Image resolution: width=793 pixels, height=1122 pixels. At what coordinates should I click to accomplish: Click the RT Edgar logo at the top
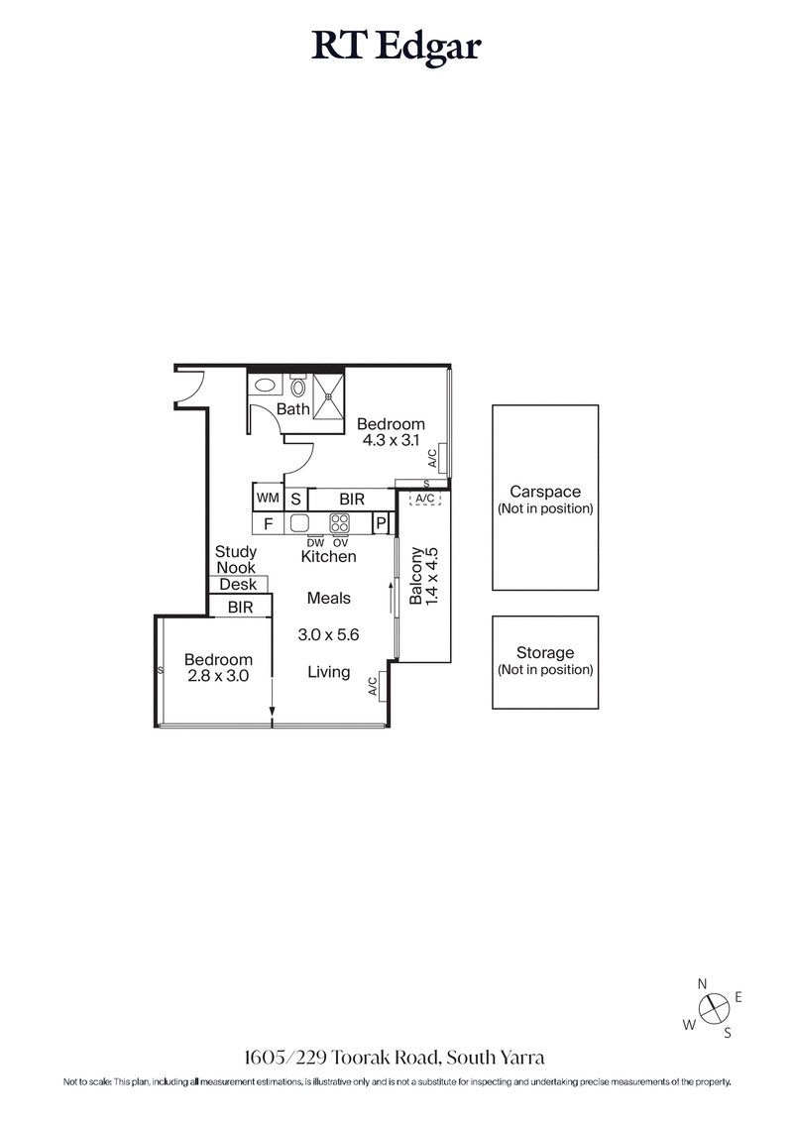pyautogui.click(x=396, y=48)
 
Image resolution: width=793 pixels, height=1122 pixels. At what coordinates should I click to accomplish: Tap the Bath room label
pyautogui.click(x=292, y=408)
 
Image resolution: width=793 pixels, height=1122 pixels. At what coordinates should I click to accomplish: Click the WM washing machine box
pyautogui.click(x=268, y=498)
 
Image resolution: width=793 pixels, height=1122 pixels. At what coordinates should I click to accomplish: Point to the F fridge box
pyautogui.click(x=268, y=522)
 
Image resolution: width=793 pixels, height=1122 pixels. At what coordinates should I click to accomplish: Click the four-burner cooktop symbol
pyautogui.click(x=340, y=522)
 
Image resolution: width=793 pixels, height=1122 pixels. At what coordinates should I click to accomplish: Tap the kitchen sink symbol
pyautogui.click(x=300, y=522)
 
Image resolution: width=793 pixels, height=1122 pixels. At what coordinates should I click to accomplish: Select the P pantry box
pyautogui.click(x=380, y=523)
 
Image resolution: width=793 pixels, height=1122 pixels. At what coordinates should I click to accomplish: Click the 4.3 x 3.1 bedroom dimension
pyautogui.click(x=391, y=441)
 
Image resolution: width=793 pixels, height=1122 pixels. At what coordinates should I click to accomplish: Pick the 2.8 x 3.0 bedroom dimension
pyautogui.click(x=217, y=677)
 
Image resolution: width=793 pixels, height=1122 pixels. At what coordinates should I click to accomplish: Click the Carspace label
pyautogui.click(x=544, y=492)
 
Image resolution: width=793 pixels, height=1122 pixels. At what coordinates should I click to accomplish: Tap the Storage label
pyautogui.click(x=544, y=653)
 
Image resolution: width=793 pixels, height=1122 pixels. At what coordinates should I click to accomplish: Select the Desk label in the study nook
pyautogui.click(x=238, y=584)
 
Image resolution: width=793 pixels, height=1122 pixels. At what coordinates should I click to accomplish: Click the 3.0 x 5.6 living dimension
pyautogui.click(x=328, y=634)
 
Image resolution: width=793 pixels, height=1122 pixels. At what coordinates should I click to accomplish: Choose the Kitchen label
pyautogui.click(x=328, y=557)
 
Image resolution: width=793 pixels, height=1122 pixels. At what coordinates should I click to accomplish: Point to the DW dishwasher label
pyautogui.click(x=315, y=542)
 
